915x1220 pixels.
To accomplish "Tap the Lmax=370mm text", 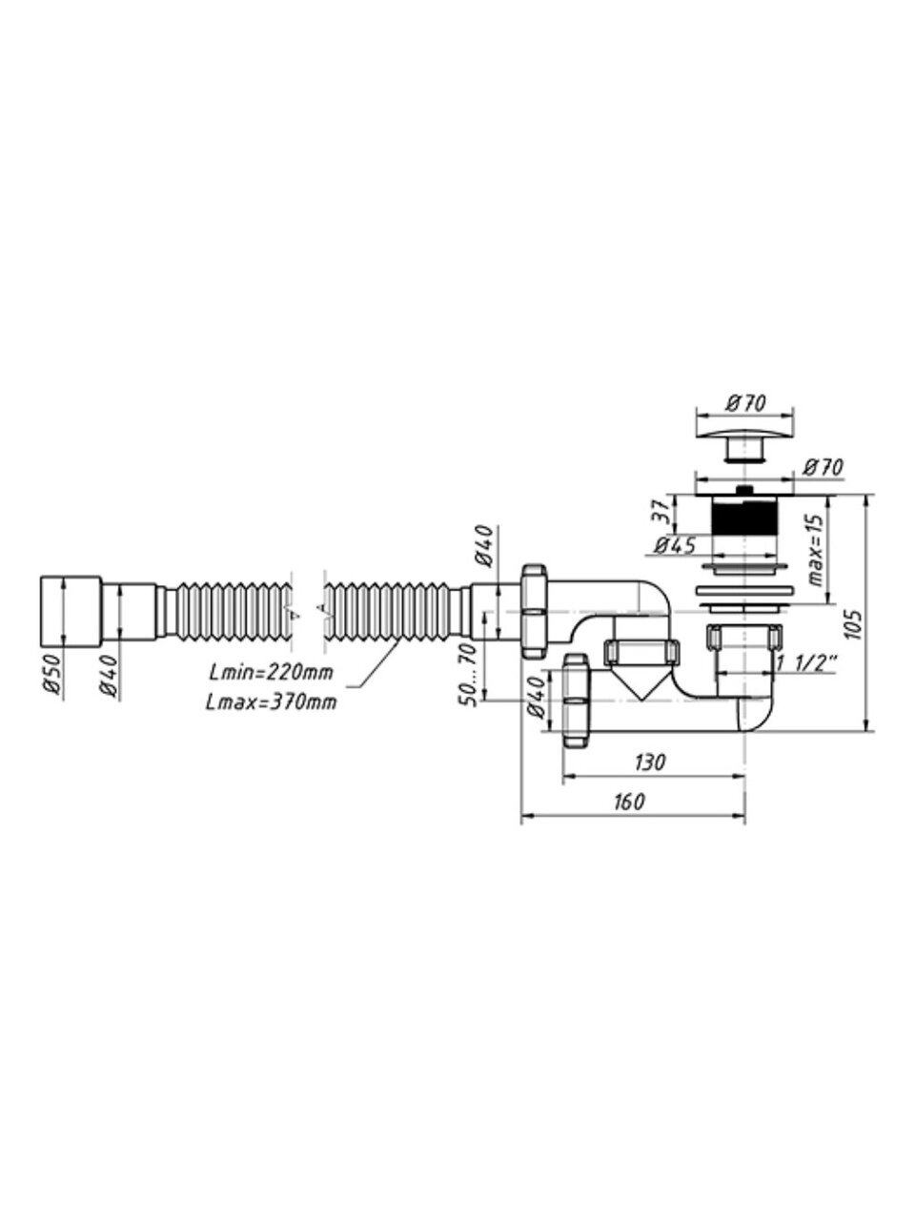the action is [271, 702].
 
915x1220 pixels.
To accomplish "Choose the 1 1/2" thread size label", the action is [807, 662].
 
